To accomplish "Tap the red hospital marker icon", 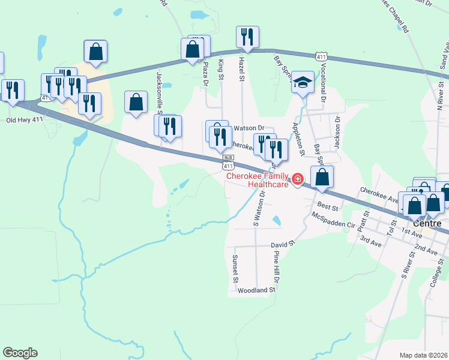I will click(297, 179).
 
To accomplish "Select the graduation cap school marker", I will click(303, 83).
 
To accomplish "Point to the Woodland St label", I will click(256, 290).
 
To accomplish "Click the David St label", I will click(283, 245).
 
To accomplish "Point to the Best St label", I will click(328, 206).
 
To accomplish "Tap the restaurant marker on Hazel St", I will click(247, 37).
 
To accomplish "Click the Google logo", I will click(20, 353).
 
